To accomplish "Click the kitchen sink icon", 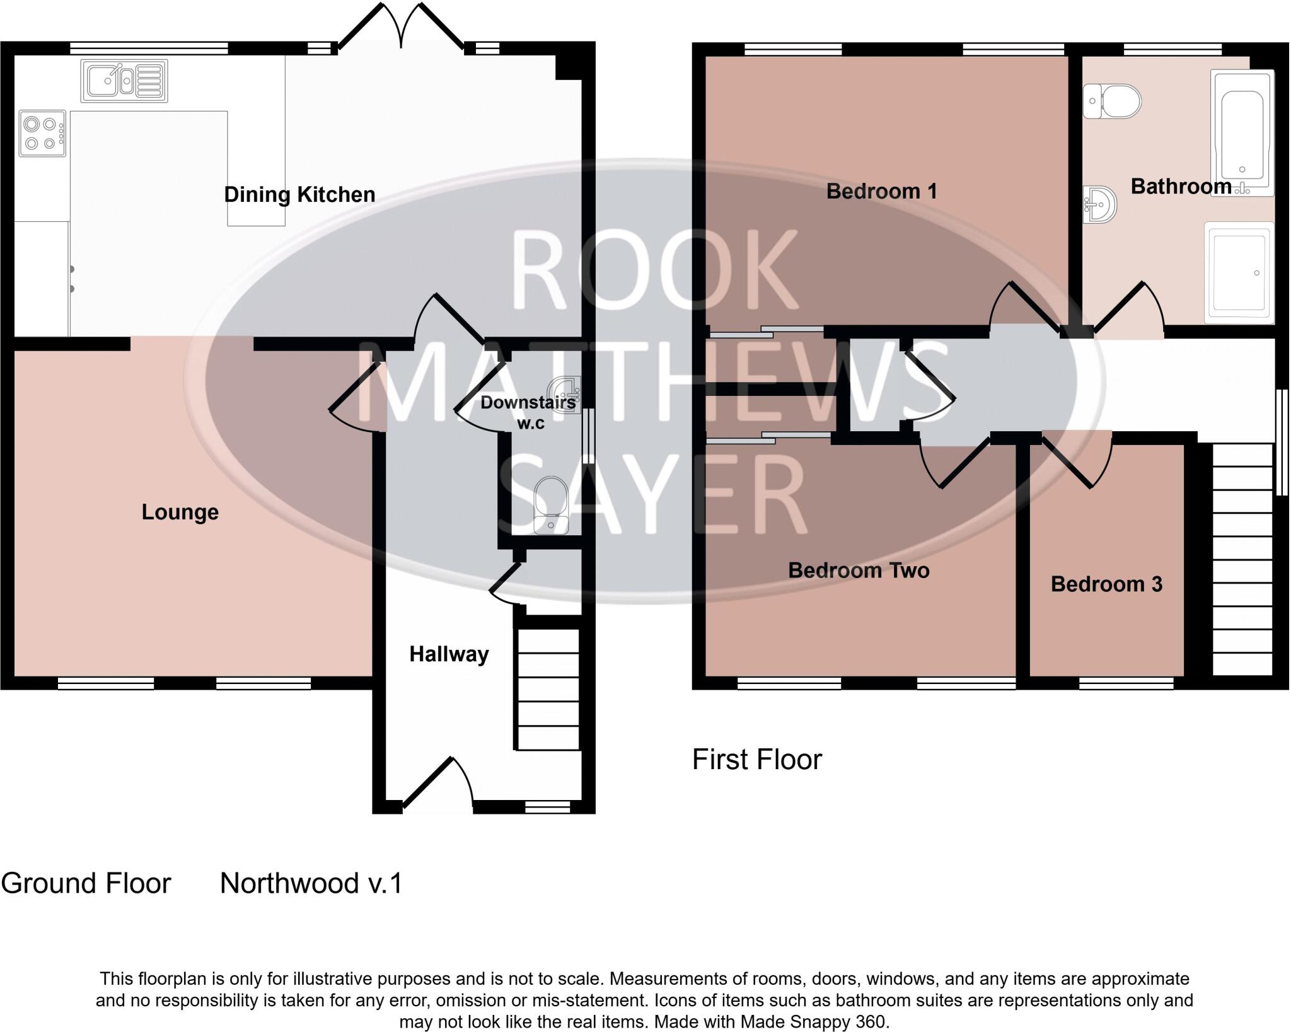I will click(124, 81).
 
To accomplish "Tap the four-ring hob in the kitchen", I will click(42, 134).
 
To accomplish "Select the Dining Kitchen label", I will click(299, 194).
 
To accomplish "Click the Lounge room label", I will click(180, 512).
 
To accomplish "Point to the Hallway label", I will click(449, 654).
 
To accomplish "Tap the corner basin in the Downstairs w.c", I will click(564, 394).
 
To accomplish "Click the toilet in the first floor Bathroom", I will click(1113, 101).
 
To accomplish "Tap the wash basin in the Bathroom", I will click(1100, 204).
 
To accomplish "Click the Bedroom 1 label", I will click(881, 191).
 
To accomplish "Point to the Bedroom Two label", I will click(859, 571).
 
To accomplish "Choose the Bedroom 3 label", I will click(1106, 584).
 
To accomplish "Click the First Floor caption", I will click(756, 760).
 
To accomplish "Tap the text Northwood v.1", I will click(311, 883).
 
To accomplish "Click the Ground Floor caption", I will click(86, 883).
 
